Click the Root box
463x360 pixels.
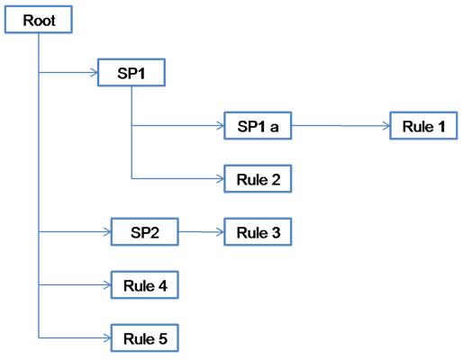click(39, 20)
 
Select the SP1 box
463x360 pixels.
click(132, 73)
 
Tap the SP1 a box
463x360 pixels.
click(258, 126)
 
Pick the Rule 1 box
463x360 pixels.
click(423, 126)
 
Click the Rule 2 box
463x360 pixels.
click(258, 179)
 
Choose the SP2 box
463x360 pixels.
click(145, 232)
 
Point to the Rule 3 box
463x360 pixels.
click(258, 232)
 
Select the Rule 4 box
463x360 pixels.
click(145, 285)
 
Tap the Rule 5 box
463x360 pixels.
click(145, 338)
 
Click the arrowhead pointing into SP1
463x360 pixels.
click(95, 73)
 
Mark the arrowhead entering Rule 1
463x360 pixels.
click(386, 126)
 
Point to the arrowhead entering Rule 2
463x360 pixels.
click(221, 179)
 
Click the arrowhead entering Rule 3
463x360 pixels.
click(221, 232)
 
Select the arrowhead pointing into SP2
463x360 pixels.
click(108, 232)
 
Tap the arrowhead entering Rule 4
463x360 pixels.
click(108, 285)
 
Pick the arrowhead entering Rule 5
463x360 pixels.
click(108, 338)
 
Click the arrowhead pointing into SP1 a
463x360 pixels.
click(221, 126)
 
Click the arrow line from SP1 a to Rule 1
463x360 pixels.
click(340, 126)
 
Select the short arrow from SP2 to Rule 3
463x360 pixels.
click(201, 232)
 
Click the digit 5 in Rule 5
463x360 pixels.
click(163, 338)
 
